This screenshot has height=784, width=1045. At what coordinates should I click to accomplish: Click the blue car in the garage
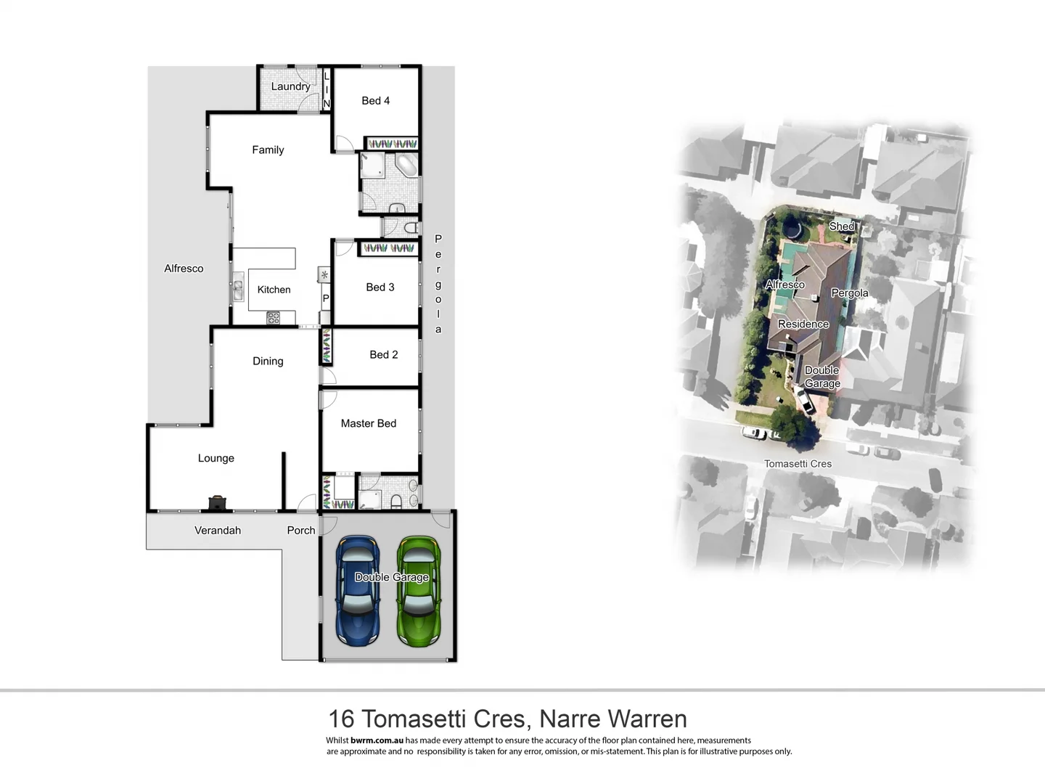[x=357, y=591]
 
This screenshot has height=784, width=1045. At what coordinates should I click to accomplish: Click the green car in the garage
[x=418, y=591]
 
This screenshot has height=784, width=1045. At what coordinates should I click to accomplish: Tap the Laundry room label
[x=290, y=86]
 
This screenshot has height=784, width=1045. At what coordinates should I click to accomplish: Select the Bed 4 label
[x=375, y=101]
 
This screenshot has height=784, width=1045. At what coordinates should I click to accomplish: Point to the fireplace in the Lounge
[x=217, y=502]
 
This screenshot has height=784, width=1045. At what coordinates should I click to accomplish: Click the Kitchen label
[x=274, y=290]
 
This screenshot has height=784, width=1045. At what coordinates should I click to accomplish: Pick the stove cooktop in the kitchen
[x=274, y=317]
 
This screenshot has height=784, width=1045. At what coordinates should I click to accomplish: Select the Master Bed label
[x=368, y=423]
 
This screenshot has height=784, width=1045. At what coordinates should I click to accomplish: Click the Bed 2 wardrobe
[x=327, y=346]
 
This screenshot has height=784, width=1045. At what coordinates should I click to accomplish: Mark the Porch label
[x=300, y=531]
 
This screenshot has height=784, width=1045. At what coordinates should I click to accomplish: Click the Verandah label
[x=217, y=531]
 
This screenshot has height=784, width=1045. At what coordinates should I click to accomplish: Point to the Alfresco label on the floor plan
[x=184, y=269]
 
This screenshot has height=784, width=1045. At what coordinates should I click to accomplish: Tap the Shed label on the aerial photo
[x=842, y=226]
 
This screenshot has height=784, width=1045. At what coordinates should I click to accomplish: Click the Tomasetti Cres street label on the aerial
[x=798, y=464]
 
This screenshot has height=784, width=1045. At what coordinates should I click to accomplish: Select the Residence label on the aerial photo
[x=803, y=324]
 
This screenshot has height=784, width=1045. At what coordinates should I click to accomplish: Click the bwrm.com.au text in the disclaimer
[x=377, y=740]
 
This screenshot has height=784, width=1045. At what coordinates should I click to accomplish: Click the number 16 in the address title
[x=341, y=719]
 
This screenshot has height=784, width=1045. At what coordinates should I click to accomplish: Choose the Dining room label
[x=268, y=362]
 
